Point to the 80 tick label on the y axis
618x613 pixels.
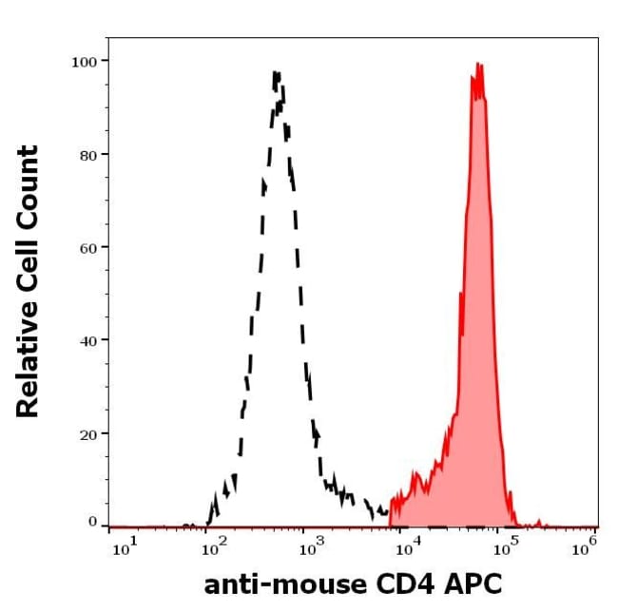pos(87,154)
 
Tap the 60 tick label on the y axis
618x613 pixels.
pos(87,247)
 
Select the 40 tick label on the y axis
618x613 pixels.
pos(87,339)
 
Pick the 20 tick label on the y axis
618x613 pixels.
pos(87,432)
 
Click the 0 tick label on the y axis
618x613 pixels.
pos(92,522)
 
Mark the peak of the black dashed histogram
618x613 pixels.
pos(276,73)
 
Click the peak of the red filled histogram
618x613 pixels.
pos(478,65)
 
